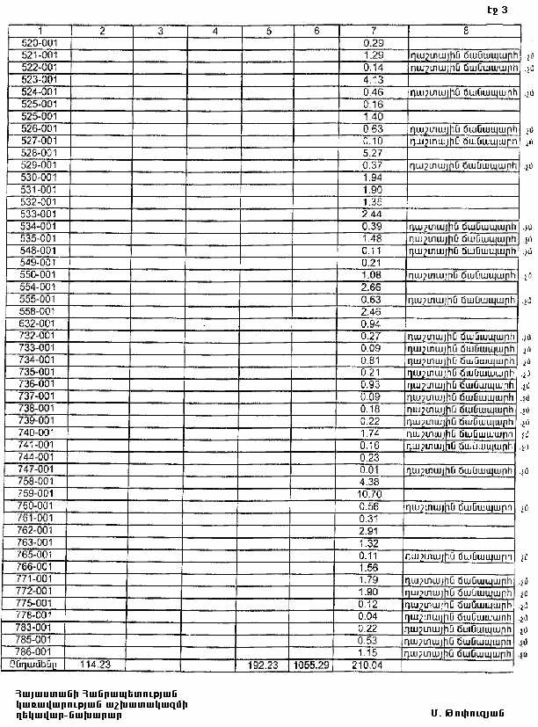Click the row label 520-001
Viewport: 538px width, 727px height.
pyautogui.click(x=38, y=42)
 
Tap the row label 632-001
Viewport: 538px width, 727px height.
pyautogui.click(x=38, y=323)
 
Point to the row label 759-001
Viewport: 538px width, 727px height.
pyautogui.click(x=38, y=494)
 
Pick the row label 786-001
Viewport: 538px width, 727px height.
pyautogui.click(x=38, y=652)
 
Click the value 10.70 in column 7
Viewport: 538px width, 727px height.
pyautogui.click(x=373, y=494)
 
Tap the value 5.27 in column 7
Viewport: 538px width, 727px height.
pyautogui.click(x=373, y=152)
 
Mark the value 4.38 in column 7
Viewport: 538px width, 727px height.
pyautogui.click(x=373, y=482)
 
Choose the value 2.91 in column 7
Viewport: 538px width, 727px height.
pyautogui.click(x=373, y=531)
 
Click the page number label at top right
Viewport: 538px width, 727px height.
pyautogui.click(x=497, y=11)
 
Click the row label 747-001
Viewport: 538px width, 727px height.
pyautogui.click(x=38, y=469)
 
